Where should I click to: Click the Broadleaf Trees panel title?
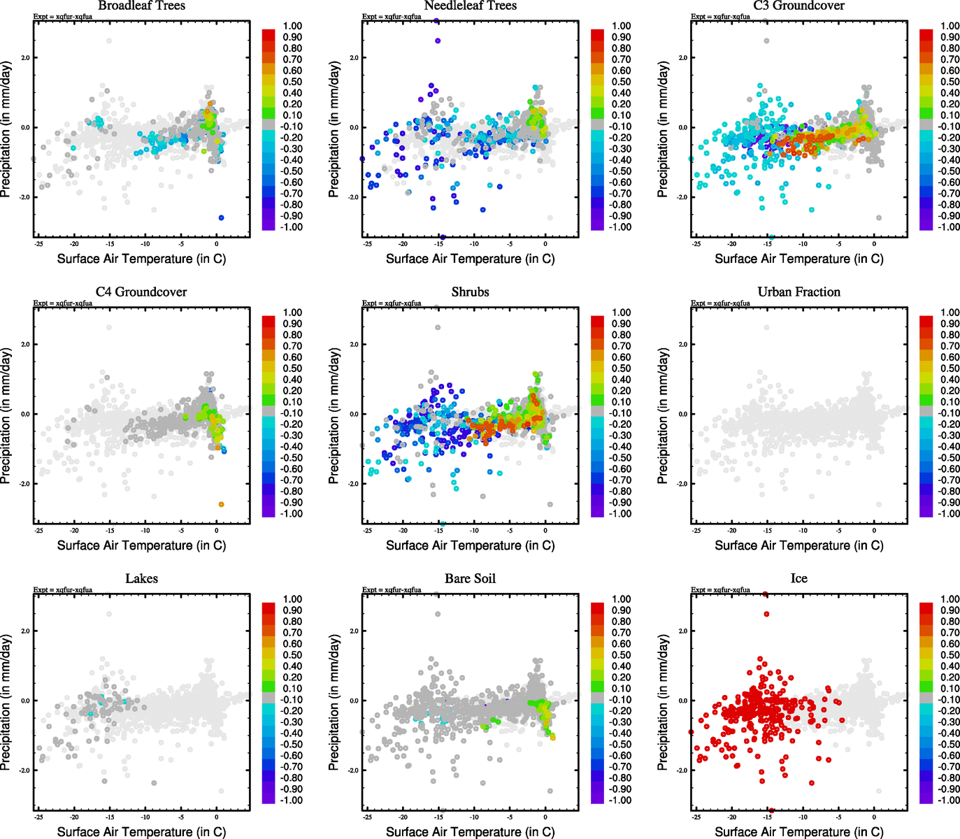[141, 6]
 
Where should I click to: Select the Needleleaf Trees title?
[470, 6]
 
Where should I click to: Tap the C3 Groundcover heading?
[798, 6]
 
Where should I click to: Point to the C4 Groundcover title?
[141, 292]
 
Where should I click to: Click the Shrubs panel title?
[470, 292]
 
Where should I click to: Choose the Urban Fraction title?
[798, 292]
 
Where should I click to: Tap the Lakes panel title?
[141, 579]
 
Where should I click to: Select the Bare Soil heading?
[470, 579]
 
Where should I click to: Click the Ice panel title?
[798, 579]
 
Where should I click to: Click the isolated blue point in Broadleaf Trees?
[222, 218]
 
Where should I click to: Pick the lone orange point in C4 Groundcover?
[222, 504]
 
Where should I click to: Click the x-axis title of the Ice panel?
[798, 831]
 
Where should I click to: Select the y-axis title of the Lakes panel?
[6, 702]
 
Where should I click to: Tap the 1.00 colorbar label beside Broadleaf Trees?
[292, 26]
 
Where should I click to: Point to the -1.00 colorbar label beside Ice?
[949, 800]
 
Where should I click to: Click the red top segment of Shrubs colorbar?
[597, 321]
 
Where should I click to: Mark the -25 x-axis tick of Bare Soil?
[367, 817]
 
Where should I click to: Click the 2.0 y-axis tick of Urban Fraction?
[682, 344]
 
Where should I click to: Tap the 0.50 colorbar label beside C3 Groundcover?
[950, 82]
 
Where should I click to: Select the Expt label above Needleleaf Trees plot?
[392, 17]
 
